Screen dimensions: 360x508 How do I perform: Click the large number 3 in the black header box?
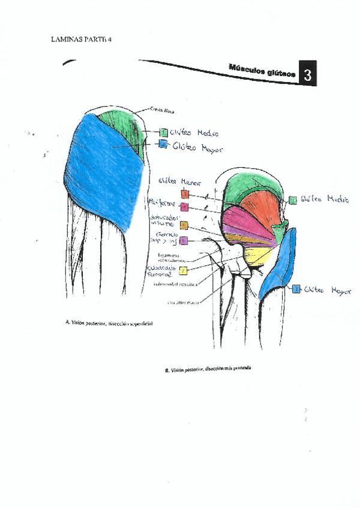tap(307, 75)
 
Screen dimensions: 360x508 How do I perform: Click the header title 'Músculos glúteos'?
tap(262, 71)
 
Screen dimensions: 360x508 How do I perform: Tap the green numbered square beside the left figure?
tap(163, 132)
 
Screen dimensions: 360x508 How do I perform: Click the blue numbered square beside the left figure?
tap(163, 144)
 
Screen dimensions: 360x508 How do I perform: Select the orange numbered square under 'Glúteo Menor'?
tap(185, 194)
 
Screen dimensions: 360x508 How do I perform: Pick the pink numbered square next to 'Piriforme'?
tap(185, 207)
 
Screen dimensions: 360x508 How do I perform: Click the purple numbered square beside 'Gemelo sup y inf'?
tap(184, 241)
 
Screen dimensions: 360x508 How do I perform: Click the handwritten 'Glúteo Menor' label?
tap(179, 181)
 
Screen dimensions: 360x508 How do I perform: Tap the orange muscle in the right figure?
tap(258, 207)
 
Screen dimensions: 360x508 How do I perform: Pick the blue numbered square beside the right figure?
tap(296, 289)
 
